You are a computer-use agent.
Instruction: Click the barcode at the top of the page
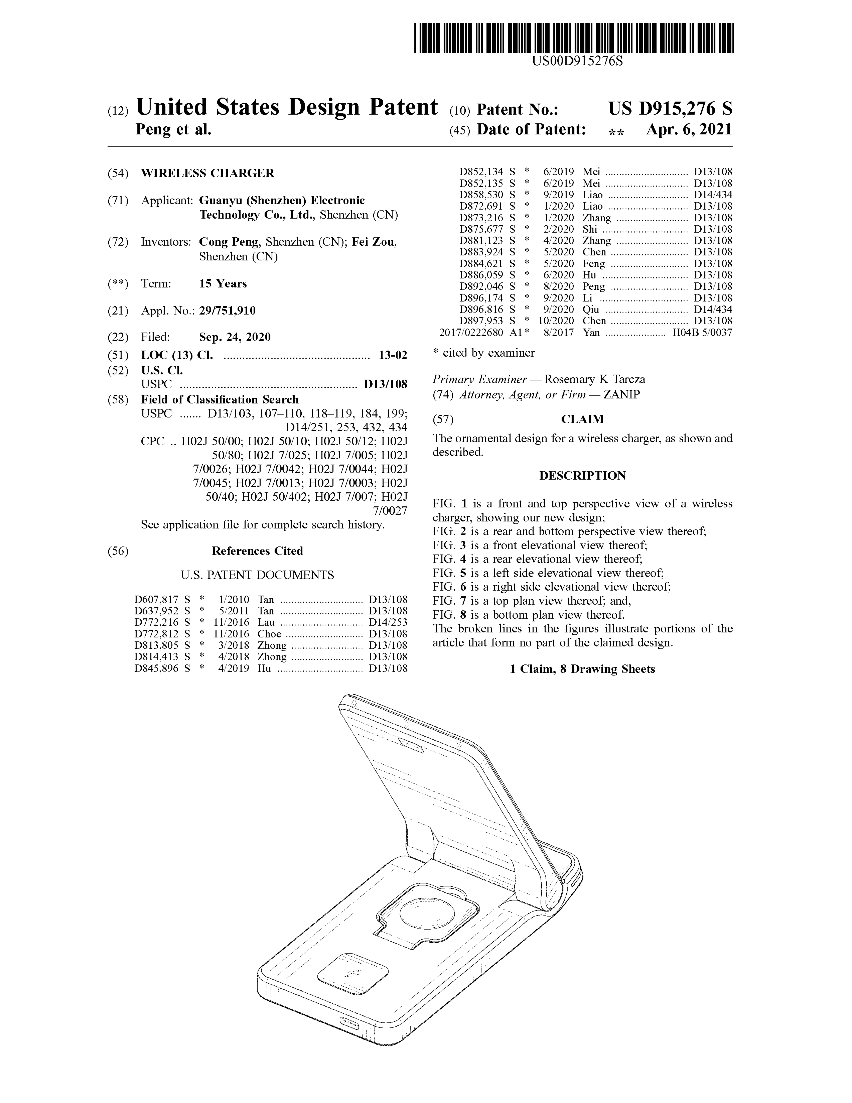(x=574, y=38)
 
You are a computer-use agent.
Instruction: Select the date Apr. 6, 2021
(x=688, y=130)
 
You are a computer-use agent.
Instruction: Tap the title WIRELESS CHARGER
(x=207, y=173)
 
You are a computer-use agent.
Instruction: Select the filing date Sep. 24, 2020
(x=235, y=337)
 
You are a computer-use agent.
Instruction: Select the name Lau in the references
(x=266, y=622)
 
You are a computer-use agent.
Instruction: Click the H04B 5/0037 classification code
(x=702, y=332)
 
